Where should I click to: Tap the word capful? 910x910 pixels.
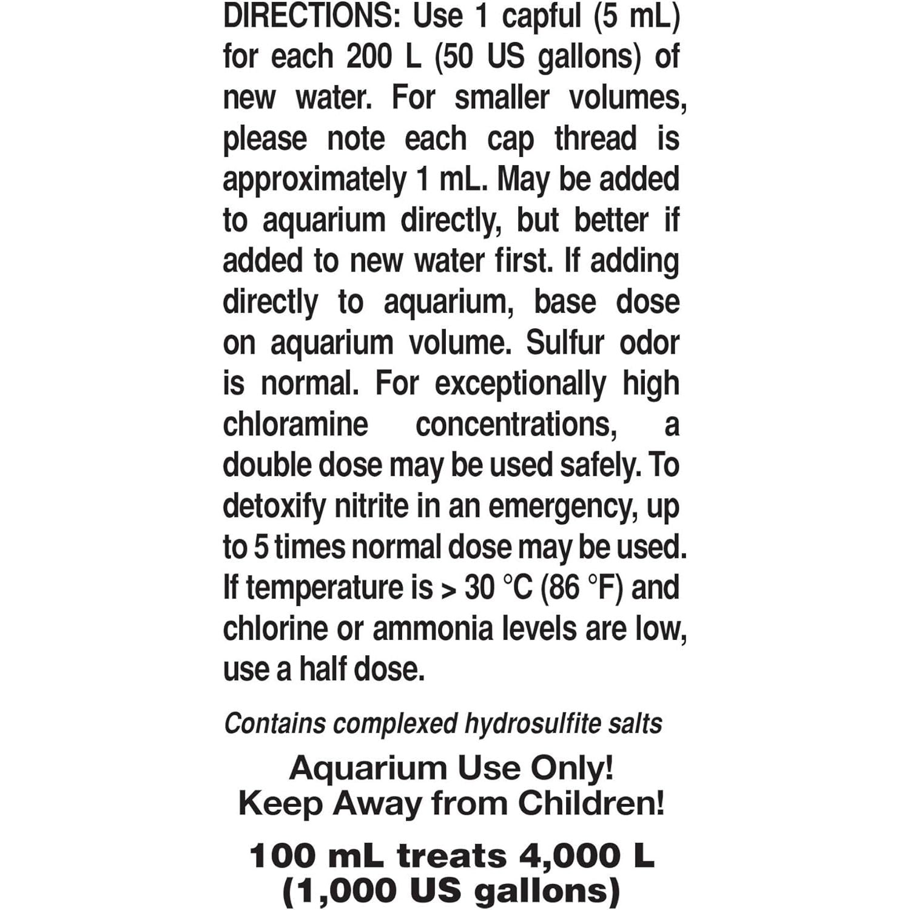541,16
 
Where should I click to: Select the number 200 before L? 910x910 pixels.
369,57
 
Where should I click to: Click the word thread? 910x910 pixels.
595,139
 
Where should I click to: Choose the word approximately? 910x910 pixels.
315,180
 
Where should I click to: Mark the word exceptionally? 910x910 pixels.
520,385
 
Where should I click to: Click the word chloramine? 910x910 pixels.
295,424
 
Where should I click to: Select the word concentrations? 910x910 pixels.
516,424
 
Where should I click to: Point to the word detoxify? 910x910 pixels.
274,506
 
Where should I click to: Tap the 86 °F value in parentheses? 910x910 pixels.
581,588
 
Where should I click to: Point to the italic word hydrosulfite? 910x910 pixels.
519,724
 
